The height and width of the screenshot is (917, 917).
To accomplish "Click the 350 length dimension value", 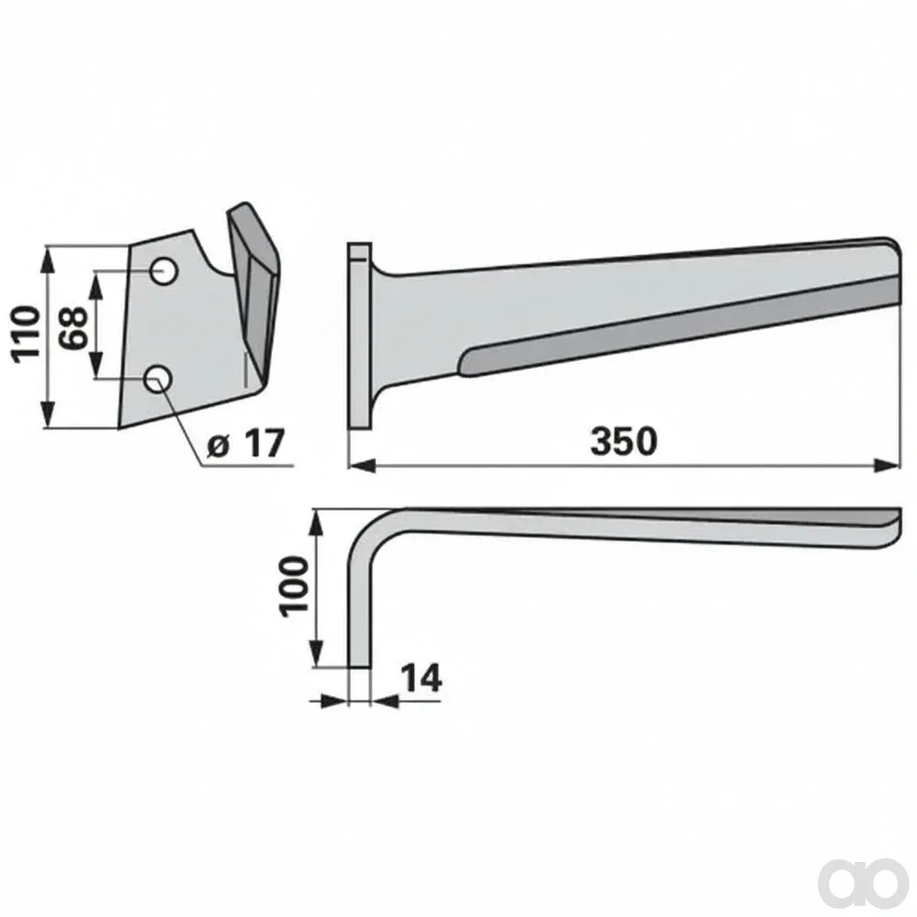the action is [x=624, y=442].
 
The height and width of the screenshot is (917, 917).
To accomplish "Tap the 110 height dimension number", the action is [x=26, y=335].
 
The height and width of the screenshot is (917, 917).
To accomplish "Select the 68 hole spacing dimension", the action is [x=75, y=329].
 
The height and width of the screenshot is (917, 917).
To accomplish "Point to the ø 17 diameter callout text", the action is [x=245, y=443].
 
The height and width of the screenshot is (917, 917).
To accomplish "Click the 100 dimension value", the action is [x=295, y=588].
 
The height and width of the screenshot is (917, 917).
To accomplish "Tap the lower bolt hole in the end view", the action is [x=158, y=379].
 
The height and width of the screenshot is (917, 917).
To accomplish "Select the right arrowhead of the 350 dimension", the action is [x=888, y=466].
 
